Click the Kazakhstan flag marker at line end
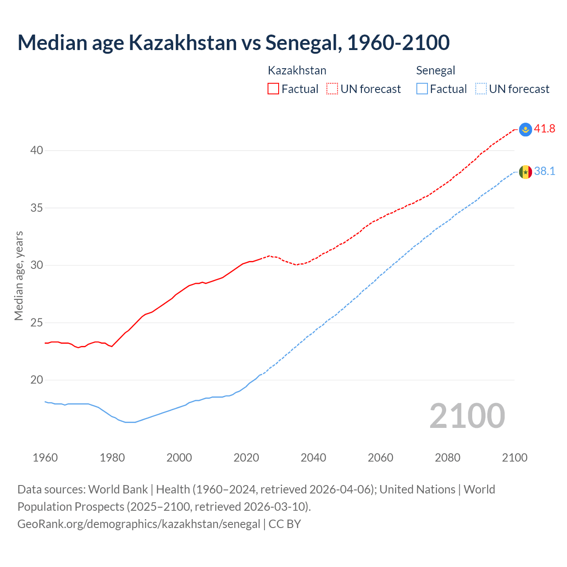(525, 129)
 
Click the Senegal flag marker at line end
(525, 172)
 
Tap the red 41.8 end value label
(544, 129)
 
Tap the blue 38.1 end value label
(544, 171)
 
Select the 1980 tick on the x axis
(112, 458)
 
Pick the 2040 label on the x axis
(313, 458)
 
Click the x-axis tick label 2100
(514, 458)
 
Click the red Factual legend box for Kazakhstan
(273, 89)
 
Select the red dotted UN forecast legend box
(332, 89)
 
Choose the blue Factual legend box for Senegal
(422, 89)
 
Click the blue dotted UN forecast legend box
(481, 89)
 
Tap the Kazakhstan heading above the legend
(297, 70)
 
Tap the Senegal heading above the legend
(435, 70)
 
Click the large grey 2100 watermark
(467, 416)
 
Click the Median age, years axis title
(19, 276)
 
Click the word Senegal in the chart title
(303, 43)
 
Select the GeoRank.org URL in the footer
(139, 524)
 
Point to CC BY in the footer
(285, 524)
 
